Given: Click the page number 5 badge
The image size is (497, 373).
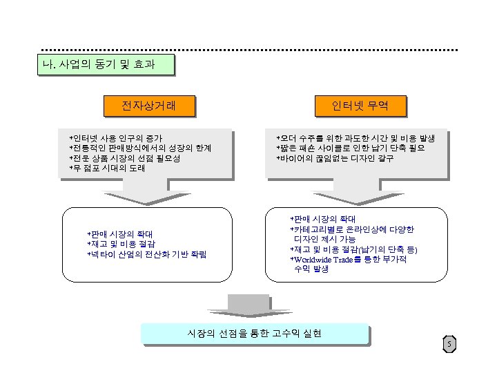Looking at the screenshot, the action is click(449, 344).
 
